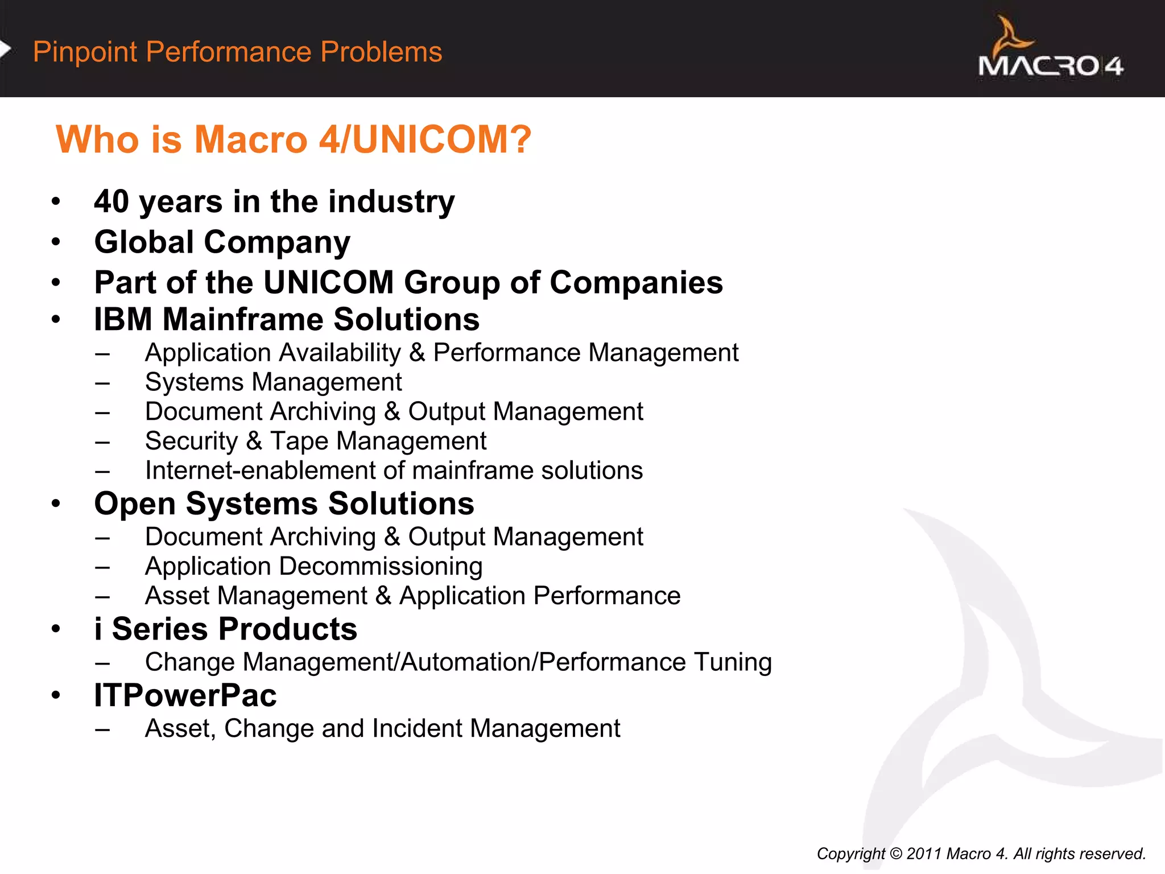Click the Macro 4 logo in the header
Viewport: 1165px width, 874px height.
click(x=1050, y=50)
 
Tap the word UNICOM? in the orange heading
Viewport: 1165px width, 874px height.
click(x=442, y=139)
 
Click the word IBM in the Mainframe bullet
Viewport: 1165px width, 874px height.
click(x=123, y=319)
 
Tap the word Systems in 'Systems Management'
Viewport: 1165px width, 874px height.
click(x=194, y=382)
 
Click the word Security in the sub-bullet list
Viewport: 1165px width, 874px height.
click(x=191, y=442)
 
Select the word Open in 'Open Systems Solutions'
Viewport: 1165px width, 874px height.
click(x=135, y=504)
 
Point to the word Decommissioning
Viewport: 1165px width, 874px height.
click(x=381, y=567)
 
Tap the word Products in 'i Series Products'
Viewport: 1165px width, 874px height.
click(x=288, y=629)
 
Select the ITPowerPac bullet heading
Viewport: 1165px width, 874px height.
click(x=185, y=695)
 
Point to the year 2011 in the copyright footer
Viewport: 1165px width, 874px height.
click(x=925, y=854)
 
